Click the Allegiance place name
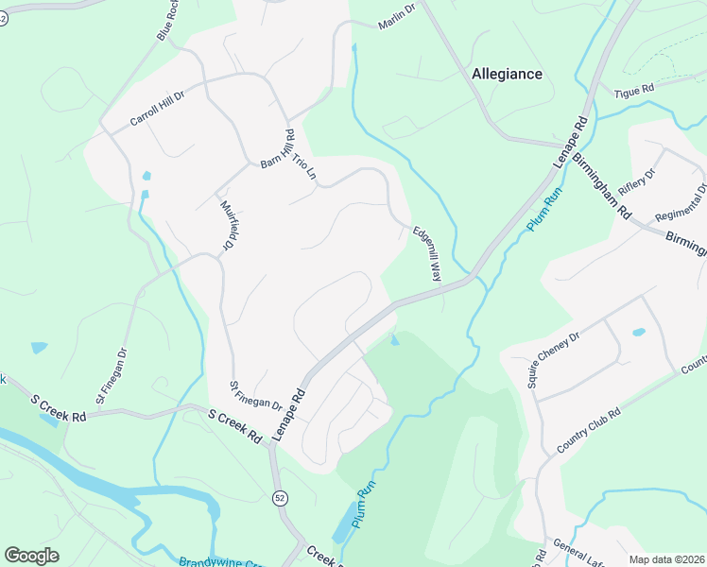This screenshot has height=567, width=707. [x=507, y=74]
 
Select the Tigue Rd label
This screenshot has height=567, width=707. [x=634, y=90]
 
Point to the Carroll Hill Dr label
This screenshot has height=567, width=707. [x=157, y=106]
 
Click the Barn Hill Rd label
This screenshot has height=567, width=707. [x=278, y=148]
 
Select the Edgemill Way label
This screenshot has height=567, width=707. [x=426, y=253]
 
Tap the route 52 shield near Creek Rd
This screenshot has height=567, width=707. [x=281, y=498]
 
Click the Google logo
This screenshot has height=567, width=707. [x=31, y=556]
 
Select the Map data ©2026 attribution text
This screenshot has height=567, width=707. [x=665, y=559]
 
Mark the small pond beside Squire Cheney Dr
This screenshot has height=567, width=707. [x=639, y=333]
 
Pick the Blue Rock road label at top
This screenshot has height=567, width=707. [x=167, y=26]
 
